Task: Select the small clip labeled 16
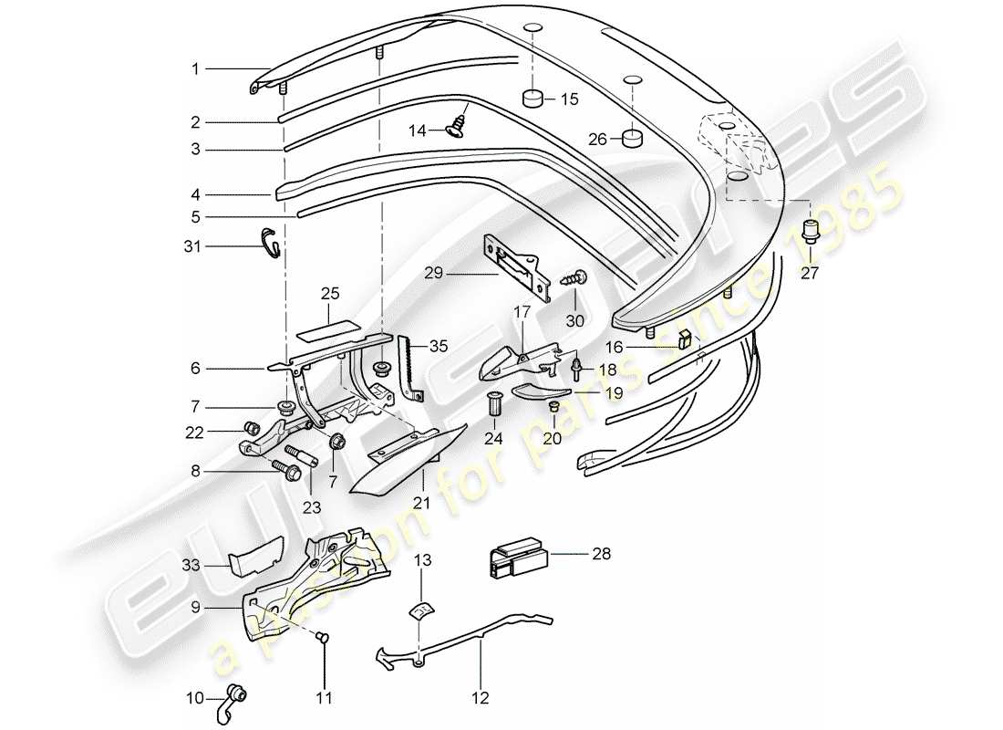[x=688, y=343]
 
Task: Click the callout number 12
[x=480, y=699]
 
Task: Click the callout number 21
[x=420, y=503]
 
